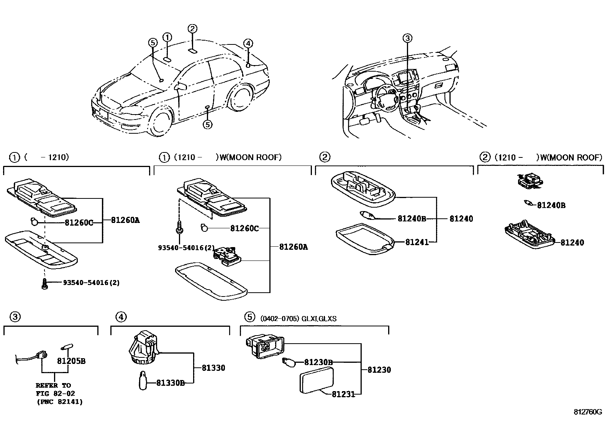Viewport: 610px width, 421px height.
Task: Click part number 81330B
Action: point(170,383)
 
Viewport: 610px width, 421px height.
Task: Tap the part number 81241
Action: point(417,242)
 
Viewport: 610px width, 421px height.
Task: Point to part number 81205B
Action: point(71,361)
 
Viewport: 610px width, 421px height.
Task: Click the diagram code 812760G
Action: point(588,412)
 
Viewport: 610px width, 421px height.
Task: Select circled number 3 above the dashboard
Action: point(407,38)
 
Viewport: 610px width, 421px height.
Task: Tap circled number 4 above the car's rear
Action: point(248,43)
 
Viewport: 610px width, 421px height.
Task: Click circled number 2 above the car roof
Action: point(192,28)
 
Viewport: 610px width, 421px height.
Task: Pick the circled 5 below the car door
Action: point(207,124)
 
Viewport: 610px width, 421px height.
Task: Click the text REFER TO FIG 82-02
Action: point(56,389)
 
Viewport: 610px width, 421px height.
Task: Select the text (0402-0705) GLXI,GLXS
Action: point(298,319)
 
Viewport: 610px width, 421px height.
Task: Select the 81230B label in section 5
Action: point(318,362)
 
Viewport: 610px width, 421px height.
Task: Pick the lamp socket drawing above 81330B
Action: point(144,347)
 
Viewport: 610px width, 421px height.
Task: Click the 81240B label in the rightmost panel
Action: point(551,205)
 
